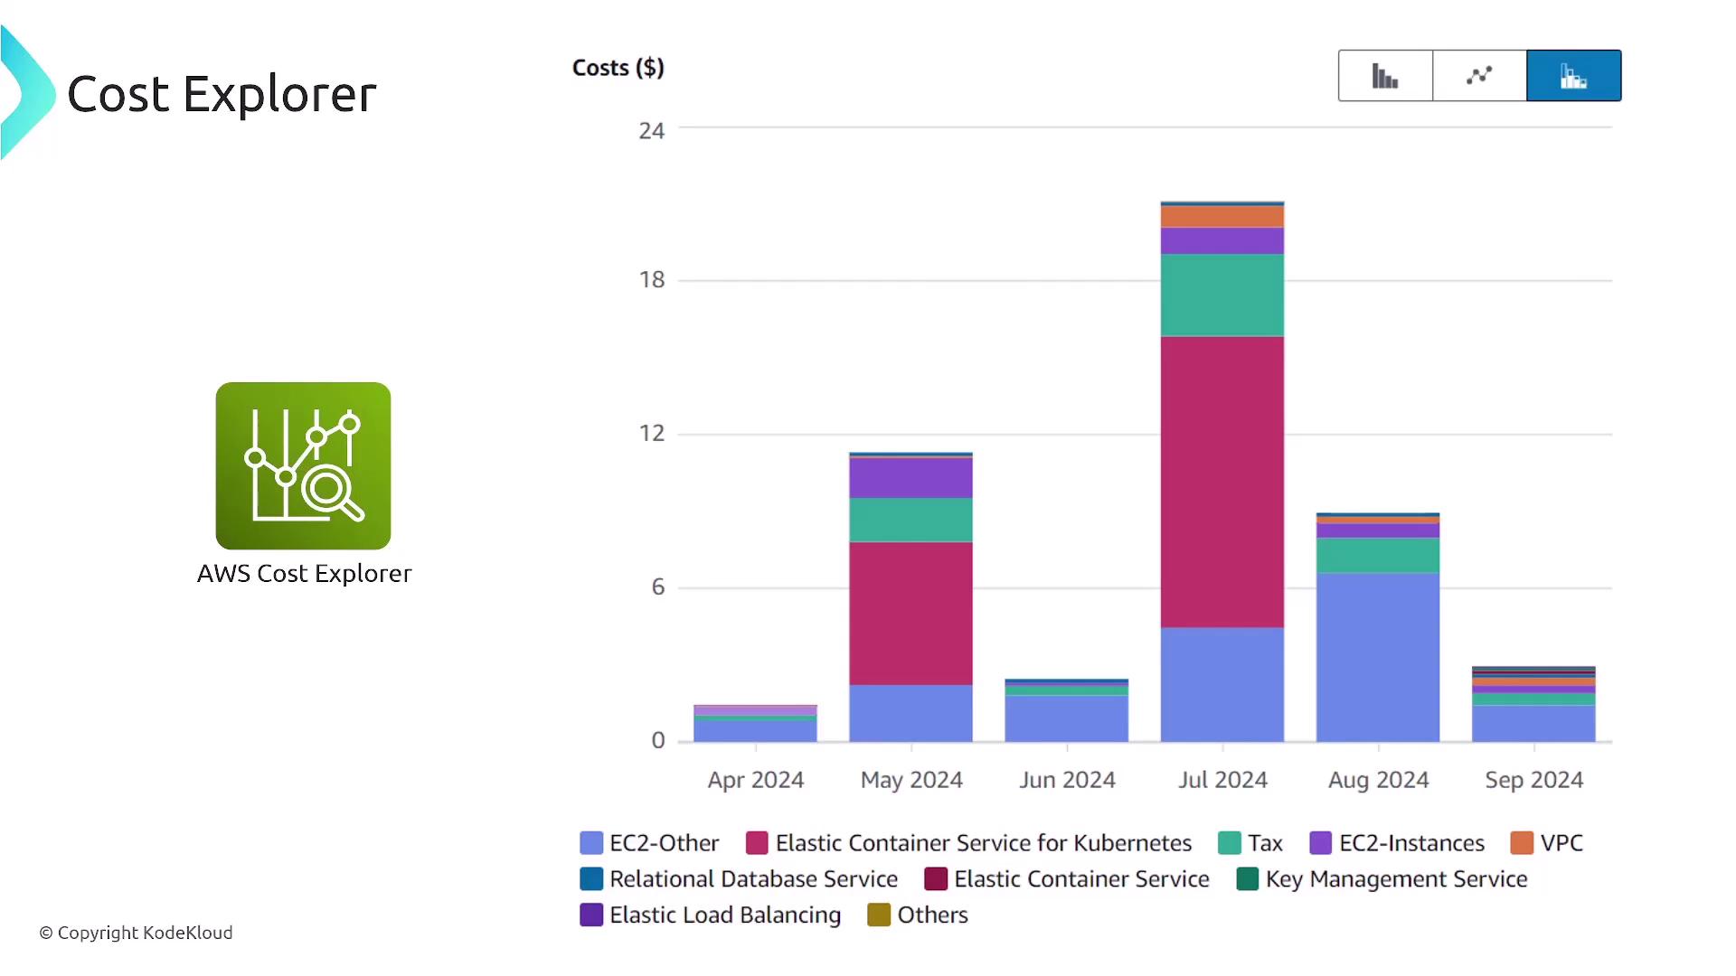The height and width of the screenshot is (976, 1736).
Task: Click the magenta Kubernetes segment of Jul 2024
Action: point(1222,482)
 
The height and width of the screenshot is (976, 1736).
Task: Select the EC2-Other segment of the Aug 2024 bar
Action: point(1377,657)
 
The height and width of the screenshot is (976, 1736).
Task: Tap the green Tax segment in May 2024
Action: point(910,520)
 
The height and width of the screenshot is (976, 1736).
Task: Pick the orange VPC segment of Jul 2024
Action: point(1222,217)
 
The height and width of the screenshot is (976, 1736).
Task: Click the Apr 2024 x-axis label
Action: point(755,780)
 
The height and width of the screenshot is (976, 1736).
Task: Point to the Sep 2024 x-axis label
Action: point(1533,780)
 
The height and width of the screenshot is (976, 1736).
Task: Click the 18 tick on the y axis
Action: point(652,280)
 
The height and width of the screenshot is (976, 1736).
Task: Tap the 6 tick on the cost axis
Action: point(658,587)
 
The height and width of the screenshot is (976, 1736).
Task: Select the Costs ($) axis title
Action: point(618,68)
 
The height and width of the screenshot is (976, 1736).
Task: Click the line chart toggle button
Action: point(1479,76)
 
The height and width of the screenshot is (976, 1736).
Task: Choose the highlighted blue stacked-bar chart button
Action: point(1573,76)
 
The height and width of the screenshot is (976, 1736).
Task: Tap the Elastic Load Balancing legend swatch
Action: point(591,915)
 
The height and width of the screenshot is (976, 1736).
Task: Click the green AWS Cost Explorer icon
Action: point(303,465)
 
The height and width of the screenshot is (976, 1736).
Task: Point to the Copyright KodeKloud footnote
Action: point(136,933)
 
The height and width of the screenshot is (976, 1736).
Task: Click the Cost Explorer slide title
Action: point(222,94)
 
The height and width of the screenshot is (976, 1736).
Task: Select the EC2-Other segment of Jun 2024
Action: point(1066,718)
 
